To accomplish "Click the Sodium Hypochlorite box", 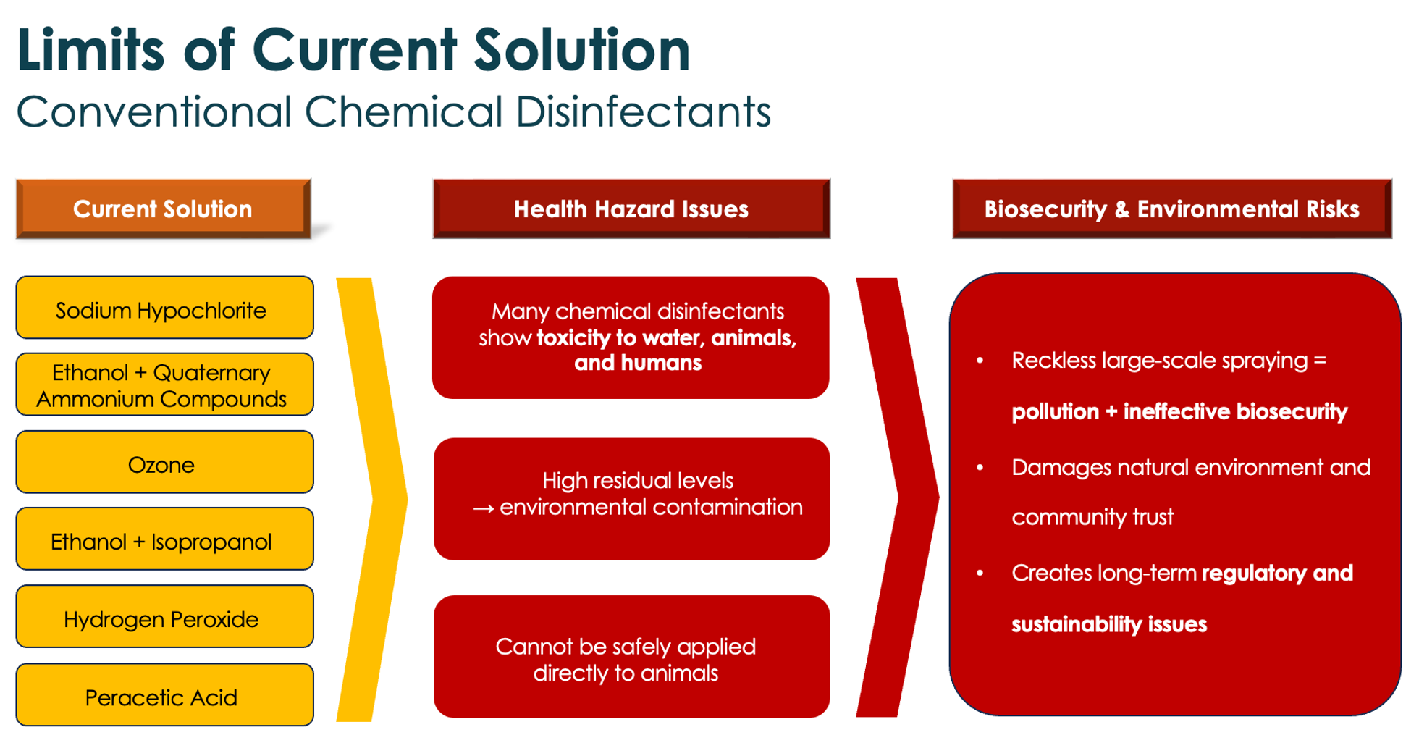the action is pos(164,308).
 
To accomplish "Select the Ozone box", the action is pos(164,462).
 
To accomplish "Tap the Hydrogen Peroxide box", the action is pos(164,616).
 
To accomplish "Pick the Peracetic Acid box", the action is pos(164,694).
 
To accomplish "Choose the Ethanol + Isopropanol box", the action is pos(164,539).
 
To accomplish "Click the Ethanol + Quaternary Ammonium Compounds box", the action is pos(164,385).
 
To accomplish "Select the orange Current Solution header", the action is pos(164,209).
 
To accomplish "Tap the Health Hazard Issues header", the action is pos(631,209).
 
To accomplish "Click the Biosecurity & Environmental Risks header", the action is pos(1172,209).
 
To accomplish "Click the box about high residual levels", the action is pos(631,499).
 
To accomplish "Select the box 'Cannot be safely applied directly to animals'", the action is pos(631,657).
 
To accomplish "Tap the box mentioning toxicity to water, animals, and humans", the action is pos(631,337).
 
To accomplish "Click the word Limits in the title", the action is pos(90,49).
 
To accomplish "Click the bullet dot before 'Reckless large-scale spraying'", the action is pos(980,360).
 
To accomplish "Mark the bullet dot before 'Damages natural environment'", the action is pos(980,467).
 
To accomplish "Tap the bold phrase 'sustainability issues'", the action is pos(1109,624).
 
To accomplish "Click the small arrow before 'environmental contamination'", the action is pos(484,508).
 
